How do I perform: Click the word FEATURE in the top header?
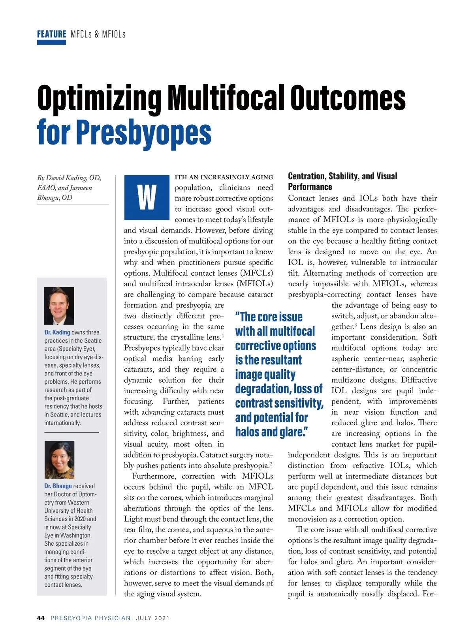pos(51,34)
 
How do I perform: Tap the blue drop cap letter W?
pos(147,197)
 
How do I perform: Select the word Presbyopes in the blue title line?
pos(144,132)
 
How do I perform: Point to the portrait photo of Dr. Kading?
pos(59,306)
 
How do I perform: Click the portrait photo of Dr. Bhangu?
pos(59,460)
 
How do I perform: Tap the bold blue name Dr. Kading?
pos(57,332)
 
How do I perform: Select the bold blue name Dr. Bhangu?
pos(58,486)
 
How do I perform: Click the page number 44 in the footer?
pos(41,618)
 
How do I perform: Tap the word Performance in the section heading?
pos(310,187)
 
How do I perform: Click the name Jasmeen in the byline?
pos(81,188)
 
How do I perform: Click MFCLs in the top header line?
pos(81,34)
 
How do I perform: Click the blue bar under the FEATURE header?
pos(51,42)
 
